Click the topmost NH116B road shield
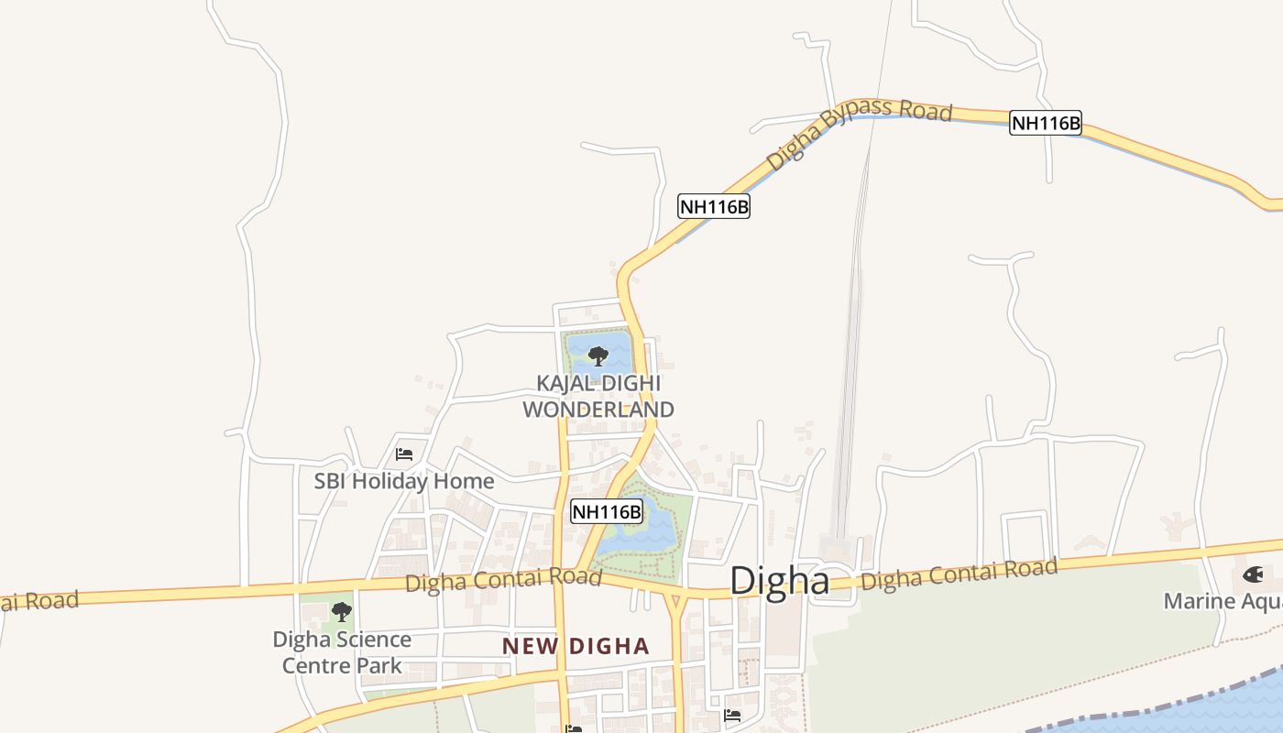(1046, 123)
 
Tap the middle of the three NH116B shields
(714, 206)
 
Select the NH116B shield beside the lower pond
(607, 510)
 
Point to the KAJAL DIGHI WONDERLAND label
(598, 397)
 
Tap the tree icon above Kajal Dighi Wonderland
(598, 356)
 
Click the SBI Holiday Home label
(404, 481)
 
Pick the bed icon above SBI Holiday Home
(404, 454)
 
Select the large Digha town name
(779, 581)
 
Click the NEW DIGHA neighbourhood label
(576, 646)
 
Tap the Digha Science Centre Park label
(342, 652)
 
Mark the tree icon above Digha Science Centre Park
(342, 611)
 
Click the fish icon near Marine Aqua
(1253, 575)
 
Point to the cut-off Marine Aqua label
(1223, 601)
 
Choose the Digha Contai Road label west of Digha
(503, 579)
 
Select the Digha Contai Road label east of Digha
(959, 574)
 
